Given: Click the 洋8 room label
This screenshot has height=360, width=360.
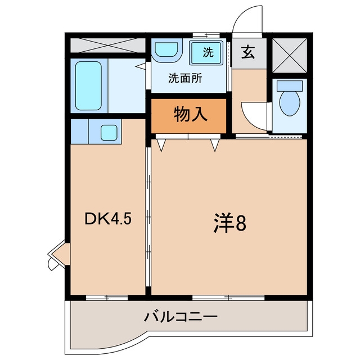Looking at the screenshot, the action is (230, 223).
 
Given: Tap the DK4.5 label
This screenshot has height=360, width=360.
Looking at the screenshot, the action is (108, 219).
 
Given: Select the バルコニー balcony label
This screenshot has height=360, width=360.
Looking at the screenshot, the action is (181, 317).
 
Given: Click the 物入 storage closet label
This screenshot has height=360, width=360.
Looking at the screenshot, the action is (191, 114).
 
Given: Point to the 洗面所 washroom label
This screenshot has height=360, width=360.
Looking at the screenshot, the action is (185, 79).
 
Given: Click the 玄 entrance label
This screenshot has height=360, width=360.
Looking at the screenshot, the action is (248, 52).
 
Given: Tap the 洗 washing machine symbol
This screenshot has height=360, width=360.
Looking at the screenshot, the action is (206, 53).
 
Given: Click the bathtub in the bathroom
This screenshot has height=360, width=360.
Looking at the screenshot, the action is (88, 85).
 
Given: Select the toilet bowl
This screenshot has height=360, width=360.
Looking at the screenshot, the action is (290, 103).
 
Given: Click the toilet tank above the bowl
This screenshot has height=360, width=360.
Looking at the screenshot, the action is (290, 85).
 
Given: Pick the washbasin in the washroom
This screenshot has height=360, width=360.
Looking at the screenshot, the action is (166, 50).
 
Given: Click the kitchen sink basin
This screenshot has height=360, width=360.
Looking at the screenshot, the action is (109, 133).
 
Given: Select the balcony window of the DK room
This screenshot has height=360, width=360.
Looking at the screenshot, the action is (107, 298).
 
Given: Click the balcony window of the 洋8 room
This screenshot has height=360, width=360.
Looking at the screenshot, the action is (228, 298).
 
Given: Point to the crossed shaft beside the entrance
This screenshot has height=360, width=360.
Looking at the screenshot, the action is (290, 55).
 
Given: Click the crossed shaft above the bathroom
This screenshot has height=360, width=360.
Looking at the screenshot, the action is (108, 45).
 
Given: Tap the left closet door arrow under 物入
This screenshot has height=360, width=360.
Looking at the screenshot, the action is (161, 145).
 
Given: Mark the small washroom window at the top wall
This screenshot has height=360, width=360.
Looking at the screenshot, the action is (206, 35).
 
